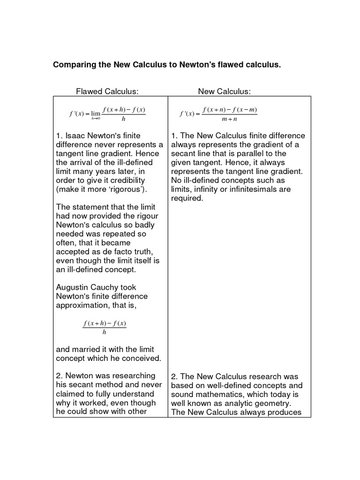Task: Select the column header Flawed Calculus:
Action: [107, 91]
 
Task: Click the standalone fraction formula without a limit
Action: [105, 328]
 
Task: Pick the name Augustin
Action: [73, 287]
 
